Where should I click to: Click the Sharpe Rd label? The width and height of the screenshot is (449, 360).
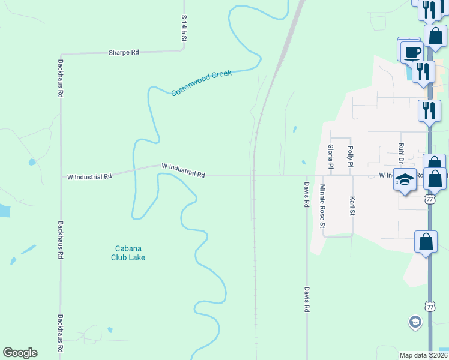click(124, 53)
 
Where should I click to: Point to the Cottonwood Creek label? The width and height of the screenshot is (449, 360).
click(201, 83)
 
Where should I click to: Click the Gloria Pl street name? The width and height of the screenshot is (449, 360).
click(330, 156)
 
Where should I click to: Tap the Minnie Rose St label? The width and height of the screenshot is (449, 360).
click(322, 206)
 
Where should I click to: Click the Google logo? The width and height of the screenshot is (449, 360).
click(20, 353)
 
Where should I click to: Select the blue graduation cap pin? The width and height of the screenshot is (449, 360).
click(405, 181)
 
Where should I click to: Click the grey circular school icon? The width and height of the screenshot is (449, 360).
click(414, 322)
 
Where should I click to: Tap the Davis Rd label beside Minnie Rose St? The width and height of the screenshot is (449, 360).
click(306, 195)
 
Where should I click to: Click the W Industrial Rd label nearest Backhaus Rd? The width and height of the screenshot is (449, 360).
click(89, 177)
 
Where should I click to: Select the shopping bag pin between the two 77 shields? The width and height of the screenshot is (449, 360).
click(426, 242)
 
